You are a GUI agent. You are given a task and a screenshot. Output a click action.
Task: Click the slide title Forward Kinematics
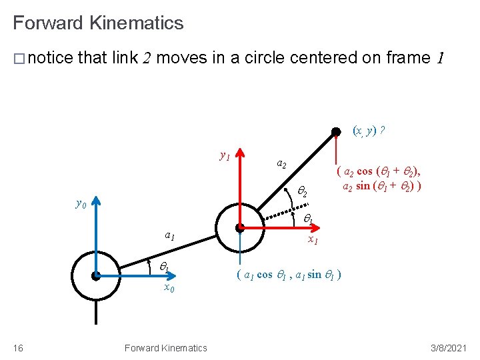(98, 23)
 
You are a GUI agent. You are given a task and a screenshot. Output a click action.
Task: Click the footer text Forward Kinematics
(165, 347)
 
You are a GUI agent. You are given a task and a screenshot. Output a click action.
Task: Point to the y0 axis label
(81, 203)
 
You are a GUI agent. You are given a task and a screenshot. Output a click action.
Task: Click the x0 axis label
(169, 288)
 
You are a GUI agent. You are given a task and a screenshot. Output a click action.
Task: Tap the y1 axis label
(225, 156)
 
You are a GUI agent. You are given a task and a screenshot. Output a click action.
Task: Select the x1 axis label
(312, 239)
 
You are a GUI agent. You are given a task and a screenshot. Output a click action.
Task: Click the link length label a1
(170, 235)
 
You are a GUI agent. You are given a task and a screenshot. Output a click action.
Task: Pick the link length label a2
(282, 164)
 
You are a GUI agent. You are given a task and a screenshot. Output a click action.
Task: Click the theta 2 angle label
(301, 192)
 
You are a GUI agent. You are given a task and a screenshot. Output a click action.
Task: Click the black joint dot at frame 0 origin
(96, 275)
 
